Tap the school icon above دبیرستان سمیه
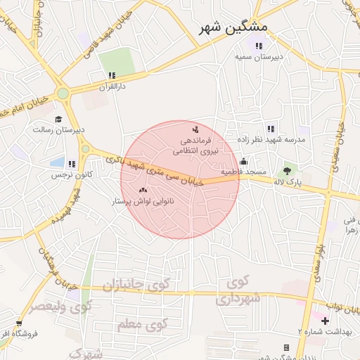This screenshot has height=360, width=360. click(259, 46)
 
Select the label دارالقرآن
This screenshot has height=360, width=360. click(110, 85)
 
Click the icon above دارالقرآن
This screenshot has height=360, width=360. click(111, 75)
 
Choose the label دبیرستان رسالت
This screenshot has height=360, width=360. click(59, 129)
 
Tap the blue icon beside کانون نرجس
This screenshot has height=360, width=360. click(72, 163)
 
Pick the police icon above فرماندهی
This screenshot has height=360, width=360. click(195, 129)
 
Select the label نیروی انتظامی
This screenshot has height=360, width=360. click(198, 150)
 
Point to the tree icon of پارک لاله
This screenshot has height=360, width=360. click(287, 170)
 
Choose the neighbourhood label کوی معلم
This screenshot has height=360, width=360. click(141, 325)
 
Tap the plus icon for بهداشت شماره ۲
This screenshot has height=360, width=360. click(325, 321)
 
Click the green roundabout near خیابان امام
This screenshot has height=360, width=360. click(63, 93)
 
